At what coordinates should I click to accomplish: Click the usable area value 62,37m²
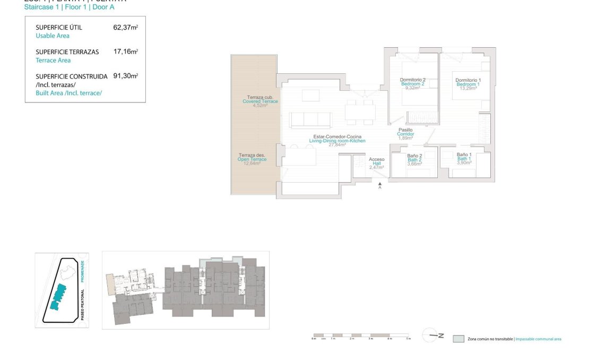point(125,28)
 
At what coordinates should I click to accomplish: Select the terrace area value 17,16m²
point(125,52)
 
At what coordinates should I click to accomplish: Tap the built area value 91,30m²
point(125,76)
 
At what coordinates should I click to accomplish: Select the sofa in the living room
point(311,119)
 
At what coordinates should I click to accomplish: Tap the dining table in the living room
point(360,112)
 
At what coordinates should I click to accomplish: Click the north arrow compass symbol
point(432,335)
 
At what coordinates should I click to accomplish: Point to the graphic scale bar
point(361,336)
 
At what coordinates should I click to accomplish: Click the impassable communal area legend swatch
point(458,339)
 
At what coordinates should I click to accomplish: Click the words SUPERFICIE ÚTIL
point(59,28)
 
